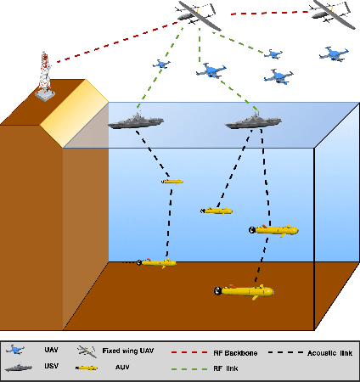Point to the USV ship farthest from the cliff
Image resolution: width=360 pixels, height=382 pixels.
(x=253, y=121)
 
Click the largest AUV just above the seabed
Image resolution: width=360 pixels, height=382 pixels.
(x=244, y=291)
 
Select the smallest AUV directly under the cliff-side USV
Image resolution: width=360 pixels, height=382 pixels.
(x=172, y=181)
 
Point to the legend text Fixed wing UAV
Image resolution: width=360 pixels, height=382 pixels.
(x=131, y=351)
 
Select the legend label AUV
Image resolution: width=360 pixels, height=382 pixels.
(x=122, y=368)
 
